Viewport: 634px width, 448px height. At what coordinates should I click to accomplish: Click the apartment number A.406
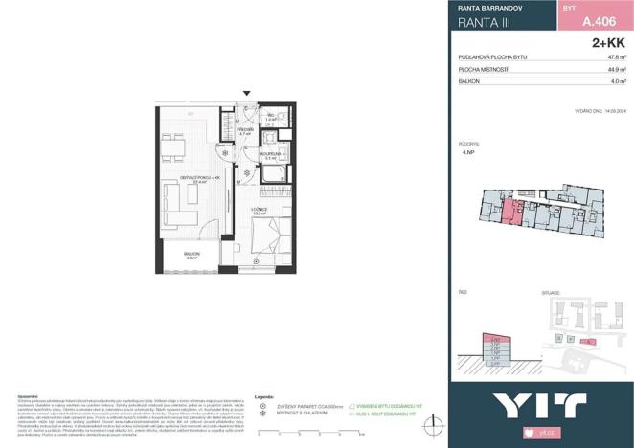tap(598, 25)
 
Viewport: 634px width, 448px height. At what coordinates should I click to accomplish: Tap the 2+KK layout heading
tap(609, 43)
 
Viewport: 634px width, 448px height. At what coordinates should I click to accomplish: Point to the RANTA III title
tap(481, 25)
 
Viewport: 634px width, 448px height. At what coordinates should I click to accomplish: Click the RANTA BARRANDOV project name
tap(484, 7)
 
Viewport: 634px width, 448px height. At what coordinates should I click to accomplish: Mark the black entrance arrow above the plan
tap(247, 94)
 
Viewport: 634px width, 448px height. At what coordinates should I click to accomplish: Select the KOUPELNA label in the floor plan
tap(271, 153)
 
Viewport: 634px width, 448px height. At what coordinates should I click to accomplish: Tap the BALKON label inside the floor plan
tap(191, 254)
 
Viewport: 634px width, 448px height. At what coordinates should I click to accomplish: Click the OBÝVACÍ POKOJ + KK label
tap(200, 178)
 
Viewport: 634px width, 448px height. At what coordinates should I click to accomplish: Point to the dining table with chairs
tap(173, 146)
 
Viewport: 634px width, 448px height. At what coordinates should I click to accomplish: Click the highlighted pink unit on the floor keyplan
tap(515, 212)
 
